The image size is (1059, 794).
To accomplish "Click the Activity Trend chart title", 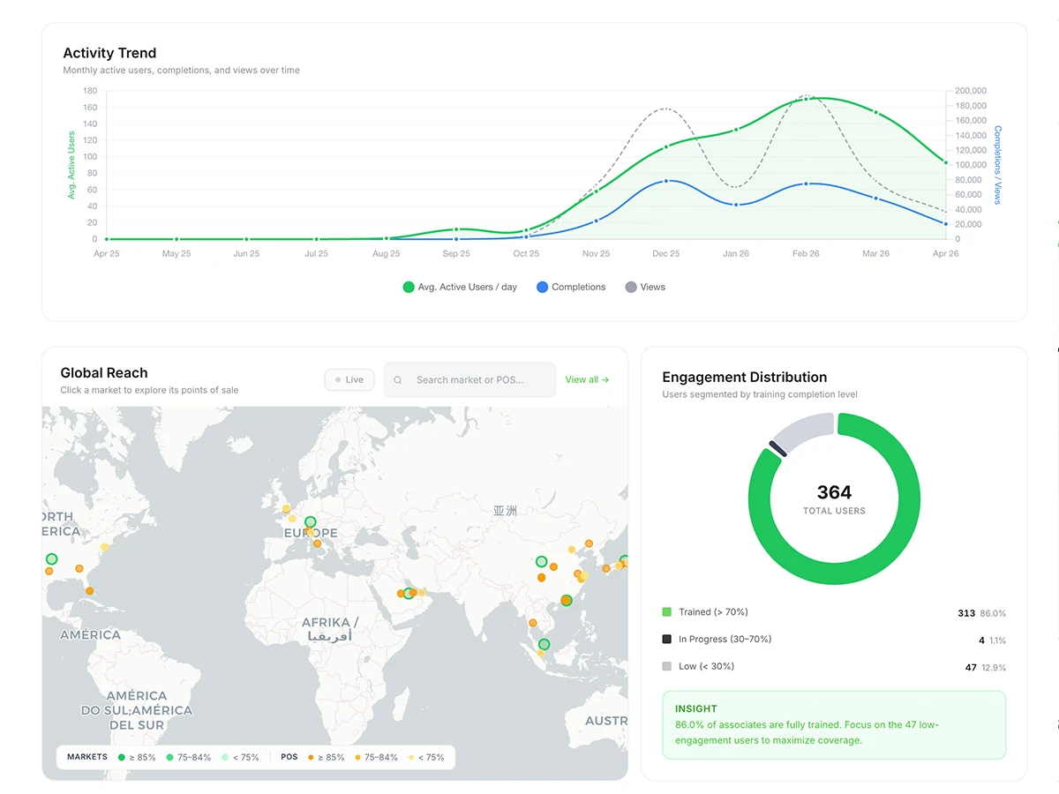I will (x=109, y=53).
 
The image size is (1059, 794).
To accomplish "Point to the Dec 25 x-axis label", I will (x=665, y=254).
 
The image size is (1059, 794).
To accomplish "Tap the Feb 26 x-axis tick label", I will (x=806, y=254).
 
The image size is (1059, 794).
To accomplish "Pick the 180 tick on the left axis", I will (x=90, y=91).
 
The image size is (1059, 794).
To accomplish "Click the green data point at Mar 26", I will (x=875, y=112).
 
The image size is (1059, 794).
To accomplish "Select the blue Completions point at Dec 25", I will (x=666, y=181).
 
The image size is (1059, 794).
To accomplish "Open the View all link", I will (x=587, y=379).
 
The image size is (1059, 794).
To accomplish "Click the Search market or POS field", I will (x=470, y=379).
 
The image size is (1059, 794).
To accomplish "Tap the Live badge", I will (x=349, y=379).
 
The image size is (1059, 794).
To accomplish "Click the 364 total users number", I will (x=834, y=492).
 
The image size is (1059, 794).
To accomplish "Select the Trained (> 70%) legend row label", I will (x=713, y=612).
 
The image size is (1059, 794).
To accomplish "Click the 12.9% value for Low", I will (x=993, y=668).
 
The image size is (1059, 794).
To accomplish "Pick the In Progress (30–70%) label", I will (x=725, y=640).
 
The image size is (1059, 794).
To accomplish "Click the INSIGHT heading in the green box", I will (x=696, y=708).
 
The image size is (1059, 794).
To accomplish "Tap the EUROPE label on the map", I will (x=311, y=534).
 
